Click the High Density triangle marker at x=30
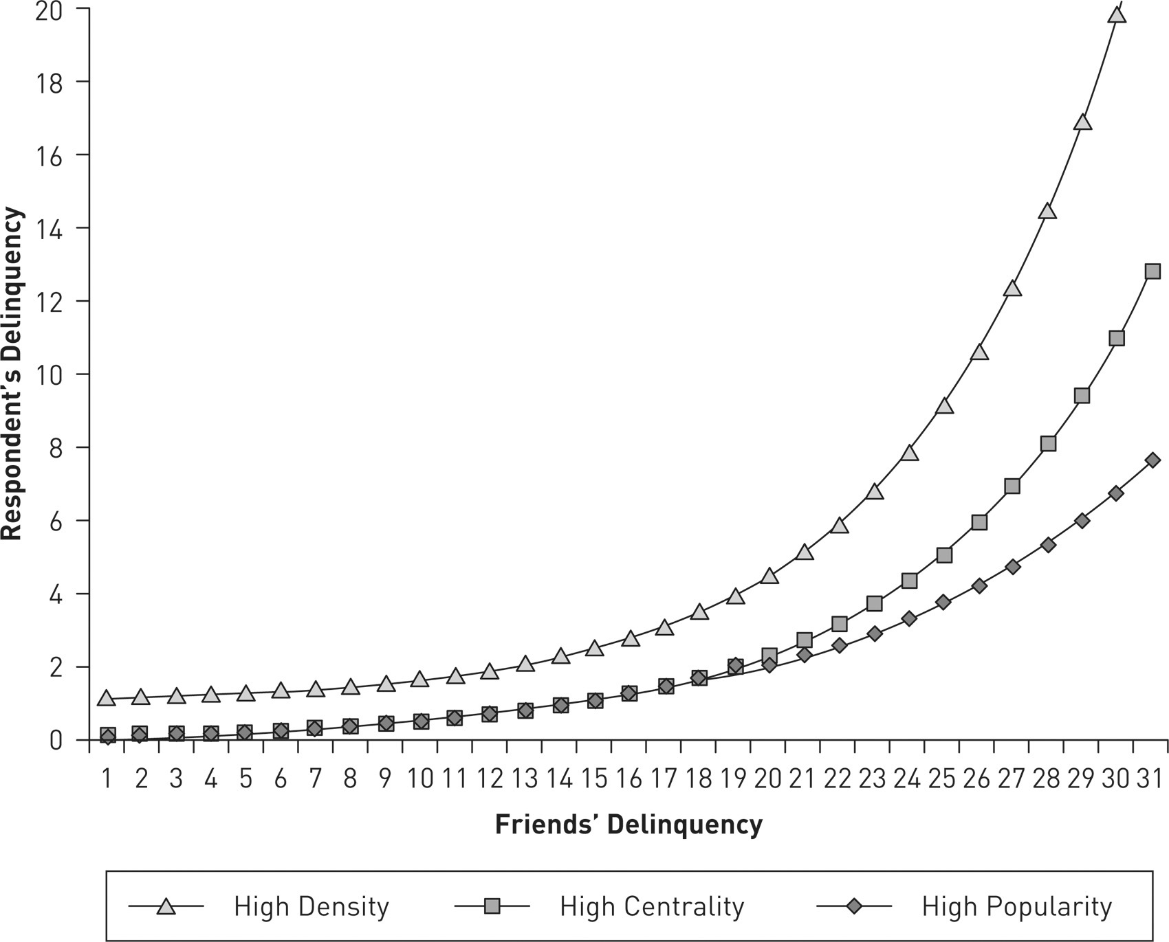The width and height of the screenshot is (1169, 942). (1117, 14)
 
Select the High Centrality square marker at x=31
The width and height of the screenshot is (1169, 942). (1152, 271)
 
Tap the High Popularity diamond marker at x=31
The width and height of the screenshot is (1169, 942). (1152, 460)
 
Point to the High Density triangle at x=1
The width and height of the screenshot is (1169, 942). (106, 699)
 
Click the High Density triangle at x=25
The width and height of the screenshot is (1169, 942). (944, 406)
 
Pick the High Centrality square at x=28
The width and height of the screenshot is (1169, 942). (1048, 444)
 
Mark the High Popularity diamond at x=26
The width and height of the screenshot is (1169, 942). (979, 586)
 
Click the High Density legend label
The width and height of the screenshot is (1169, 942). (312, 907)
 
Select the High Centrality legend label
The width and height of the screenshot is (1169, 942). (652, 907)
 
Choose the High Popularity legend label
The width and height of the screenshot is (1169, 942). (1016, 907)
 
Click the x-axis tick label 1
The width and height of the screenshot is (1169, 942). (107, 779)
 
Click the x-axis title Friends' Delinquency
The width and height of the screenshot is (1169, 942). (629, 824)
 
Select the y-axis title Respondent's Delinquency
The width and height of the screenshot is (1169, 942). (12, 374)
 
